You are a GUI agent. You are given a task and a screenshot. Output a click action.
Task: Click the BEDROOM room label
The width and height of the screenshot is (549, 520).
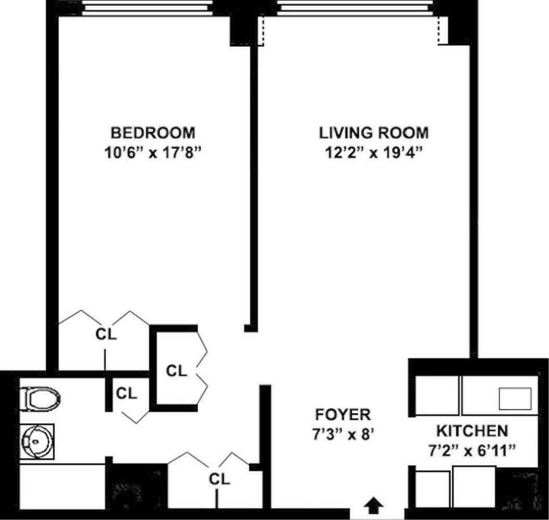point(153,133)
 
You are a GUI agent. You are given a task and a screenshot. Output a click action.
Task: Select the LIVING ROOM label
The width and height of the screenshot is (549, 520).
point(373,133)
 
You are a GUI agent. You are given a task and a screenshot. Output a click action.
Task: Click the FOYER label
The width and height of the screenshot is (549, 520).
point(343,414)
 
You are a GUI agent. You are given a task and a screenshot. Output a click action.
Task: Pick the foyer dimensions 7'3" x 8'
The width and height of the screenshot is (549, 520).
point(343,434)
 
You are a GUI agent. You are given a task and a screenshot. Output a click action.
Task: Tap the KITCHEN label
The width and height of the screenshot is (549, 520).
point(472,431)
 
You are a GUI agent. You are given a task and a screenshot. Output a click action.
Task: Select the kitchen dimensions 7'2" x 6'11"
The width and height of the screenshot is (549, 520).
point(472,449)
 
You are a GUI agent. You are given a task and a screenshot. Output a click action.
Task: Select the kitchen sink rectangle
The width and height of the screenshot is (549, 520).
point(515,398)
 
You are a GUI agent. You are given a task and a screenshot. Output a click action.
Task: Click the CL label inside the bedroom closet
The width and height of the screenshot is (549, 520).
point(106,334)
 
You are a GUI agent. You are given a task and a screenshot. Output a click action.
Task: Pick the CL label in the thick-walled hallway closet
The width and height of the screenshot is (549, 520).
point(176,371)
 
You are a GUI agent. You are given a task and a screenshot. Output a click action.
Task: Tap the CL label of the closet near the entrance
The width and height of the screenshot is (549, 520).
point(219,478)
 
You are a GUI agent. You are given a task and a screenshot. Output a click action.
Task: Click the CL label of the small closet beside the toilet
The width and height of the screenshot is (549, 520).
point(126,394)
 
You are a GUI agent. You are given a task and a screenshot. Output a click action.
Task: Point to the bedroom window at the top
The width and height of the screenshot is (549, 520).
point(148,8)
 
